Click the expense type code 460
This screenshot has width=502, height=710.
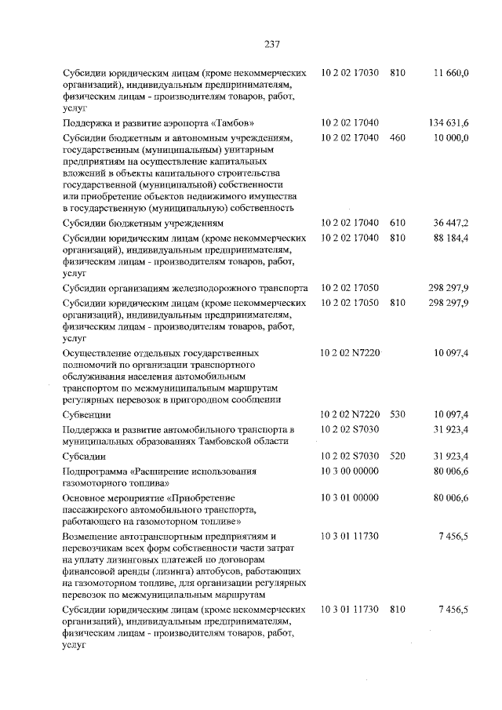click(397, 138)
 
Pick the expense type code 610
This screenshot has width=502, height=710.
click(397, 223)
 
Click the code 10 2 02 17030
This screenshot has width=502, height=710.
click(350, 73)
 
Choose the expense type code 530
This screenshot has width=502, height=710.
click(397, 413)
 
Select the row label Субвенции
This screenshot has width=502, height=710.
click(86, 413)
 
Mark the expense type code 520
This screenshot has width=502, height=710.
click(397, 456)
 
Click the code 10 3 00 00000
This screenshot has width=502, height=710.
click(350, 471)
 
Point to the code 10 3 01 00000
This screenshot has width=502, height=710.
click(350, 498)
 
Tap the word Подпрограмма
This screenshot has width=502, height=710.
click(94, 471)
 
